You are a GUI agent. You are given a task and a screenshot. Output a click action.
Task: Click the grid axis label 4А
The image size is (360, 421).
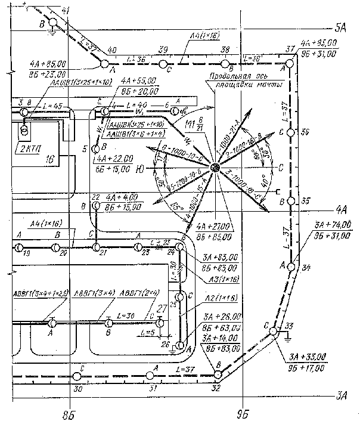tap(342, 209)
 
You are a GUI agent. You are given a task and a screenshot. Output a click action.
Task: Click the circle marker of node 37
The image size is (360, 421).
tap(290, 63)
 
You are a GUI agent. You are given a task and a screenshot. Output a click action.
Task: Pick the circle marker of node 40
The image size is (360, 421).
tap(104, 63)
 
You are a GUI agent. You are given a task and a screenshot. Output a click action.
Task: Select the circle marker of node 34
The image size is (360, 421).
tap(290, 267)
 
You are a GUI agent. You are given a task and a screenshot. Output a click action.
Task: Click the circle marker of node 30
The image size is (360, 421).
tap(76, 377)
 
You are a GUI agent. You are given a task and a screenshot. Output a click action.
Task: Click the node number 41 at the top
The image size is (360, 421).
tap(66, 11)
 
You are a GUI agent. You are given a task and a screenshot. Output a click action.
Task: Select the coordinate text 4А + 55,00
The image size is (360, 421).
tap(138, 80)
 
